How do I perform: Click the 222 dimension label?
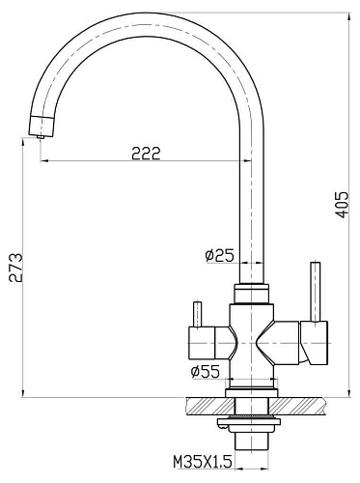click(146, 154)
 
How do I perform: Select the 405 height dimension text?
click(342, 205)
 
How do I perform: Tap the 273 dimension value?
click(15, 268)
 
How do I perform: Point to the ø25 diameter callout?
click(220, 255)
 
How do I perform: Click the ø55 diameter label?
click(206, 372)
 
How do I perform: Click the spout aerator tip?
click(41, 136)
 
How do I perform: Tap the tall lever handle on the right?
click(315, 292)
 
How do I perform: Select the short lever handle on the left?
click(197, 314)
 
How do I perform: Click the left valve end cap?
click(201, 343)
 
